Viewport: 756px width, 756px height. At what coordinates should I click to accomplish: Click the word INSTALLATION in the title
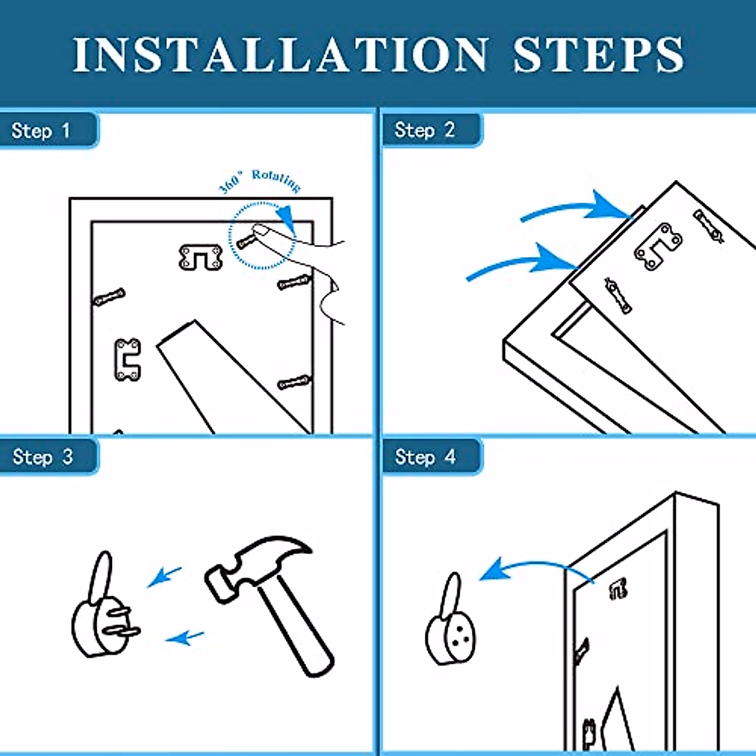[280, 55]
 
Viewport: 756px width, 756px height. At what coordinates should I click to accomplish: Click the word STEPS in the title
[598, 55]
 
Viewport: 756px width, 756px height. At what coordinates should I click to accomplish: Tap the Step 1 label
[41, 130]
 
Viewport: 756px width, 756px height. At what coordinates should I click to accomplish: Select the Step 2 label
[425, 130]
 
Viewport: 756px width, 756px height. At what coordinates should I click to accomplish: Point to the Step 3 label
[42, 457]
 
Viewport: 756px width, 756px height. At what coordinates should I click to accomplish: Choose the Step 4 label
[425, 457]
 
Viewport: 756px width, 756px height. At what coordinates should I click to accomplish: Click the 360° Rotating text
[260, 181]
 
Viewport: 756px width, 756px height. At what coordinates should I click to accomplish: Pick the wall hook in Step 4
[450, 620]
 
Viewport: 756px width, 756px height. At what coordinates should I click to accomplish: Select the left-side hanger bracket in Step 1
[127, 360]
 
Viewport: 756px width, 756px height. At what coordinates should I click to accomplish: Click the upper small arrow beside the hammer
[164, 576]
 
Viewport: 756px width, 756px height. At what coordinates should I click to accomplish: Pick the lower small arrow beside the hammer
[185, 638]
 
